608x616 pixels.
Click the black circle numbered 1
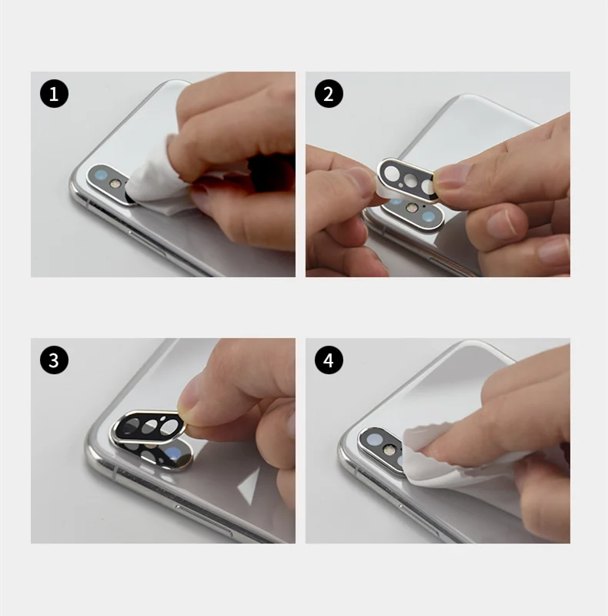tap(54, 94)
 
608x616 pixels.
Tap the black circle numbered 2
tap(329, 94)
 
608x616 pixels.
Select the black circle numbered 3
tap(54, 360)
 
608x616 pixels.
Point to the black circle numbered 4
tap(329, 360)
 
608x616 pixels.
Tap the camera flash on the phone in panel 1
tap(115, 183)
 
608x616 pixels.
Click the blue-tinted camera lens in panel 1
tap(101, 175)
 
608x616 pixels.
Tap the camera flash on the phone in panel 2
tap(411, 208)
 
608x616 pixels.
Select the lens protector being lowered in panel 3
tap(149, 427)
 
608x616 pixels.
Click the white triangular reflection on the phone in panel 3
tap(249, 486)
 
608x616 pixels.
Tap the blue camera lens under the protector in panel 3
tap(173, 454)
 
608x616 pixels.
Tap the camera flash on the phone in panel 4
tap(389, 449)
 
